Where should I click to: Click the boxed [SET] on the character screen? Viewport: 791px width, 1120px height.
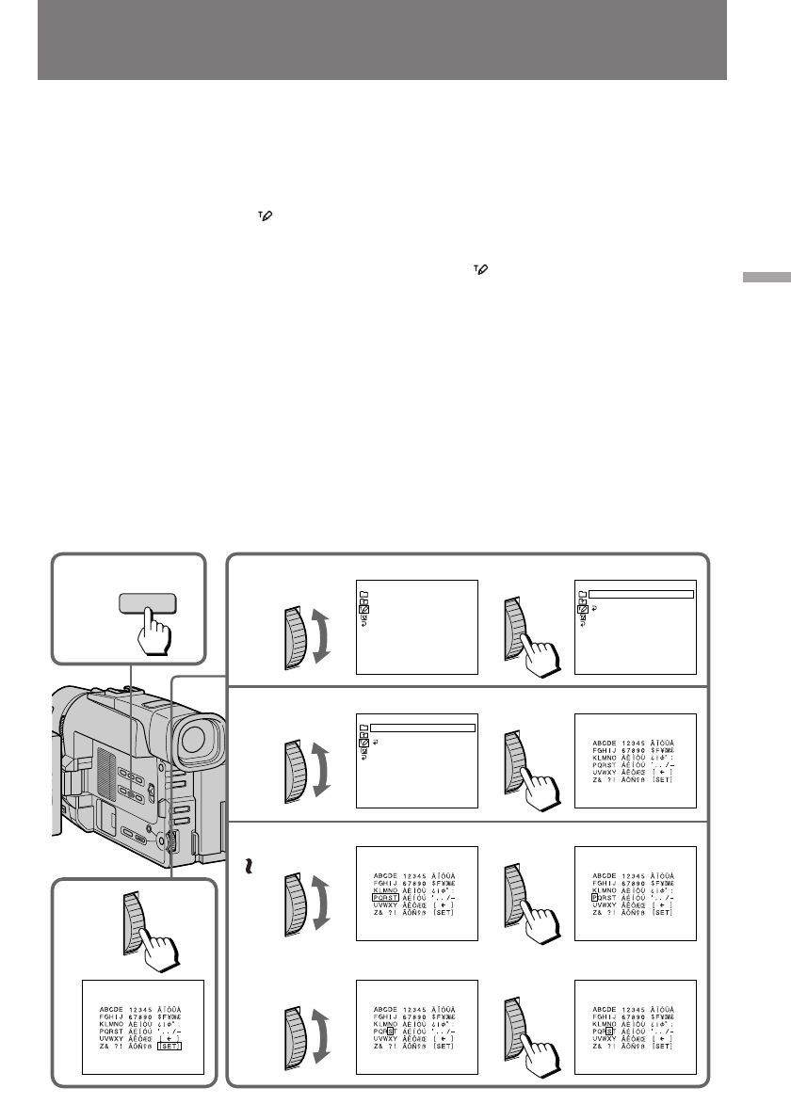(169, 1045)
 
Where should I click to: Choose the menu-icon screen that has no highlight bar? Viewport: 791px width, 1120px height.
(417, 627)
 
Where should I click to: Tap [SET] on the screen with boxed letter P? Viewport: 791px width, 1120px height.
(663, 913)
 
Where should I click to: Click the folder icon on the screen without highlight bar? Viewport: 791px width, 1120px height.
(363, 595)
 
